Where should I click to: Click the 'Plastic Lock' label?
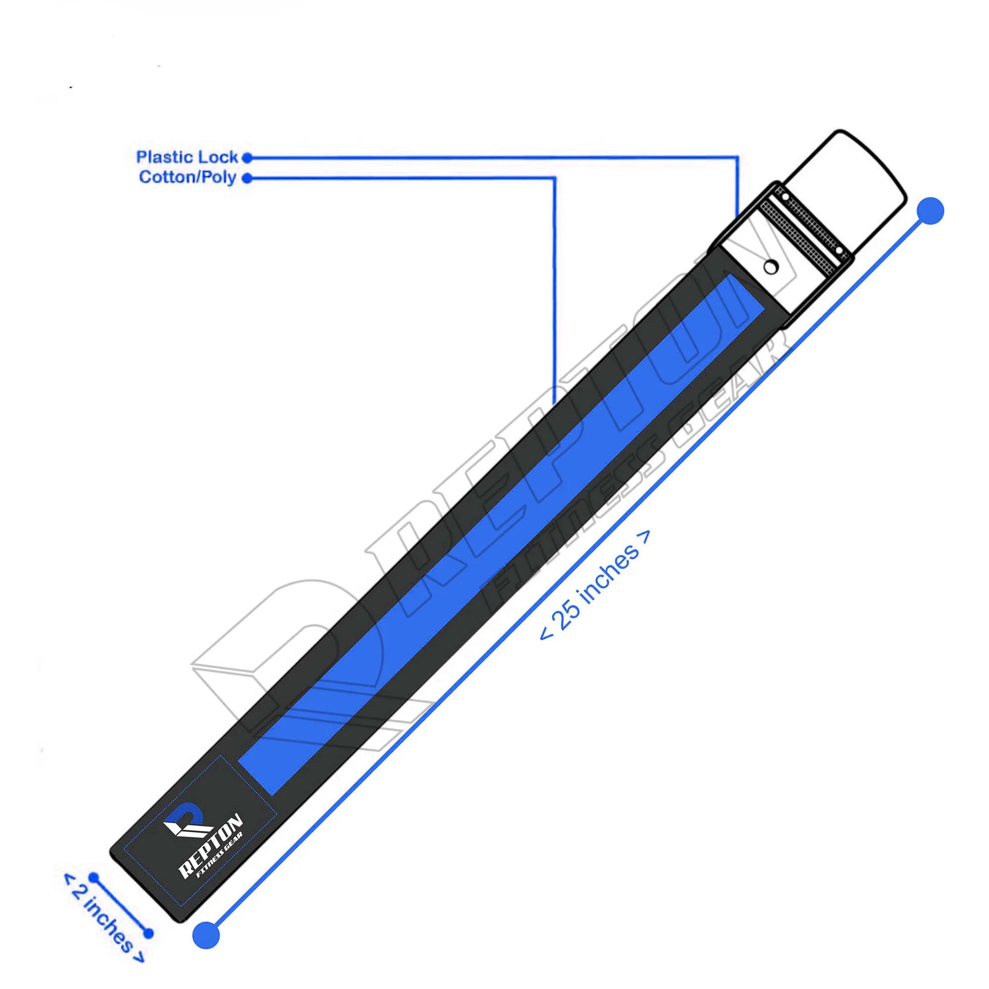tap(187, 157)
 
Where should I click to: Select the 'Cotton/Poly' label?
tap(187, 178)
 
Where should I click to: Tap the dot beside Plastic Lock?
tap(247, 158)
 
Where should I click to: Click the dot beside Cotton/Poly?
tap(247, 179)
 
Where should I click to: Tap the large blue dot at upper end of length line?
tap(930, 210)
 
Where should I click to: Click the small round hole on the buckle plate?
tap(769, 266)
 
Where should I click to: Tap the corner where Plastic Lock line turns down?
tap(738, 158)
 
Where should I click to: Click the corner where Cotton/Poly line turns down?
tap(555, 179)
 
